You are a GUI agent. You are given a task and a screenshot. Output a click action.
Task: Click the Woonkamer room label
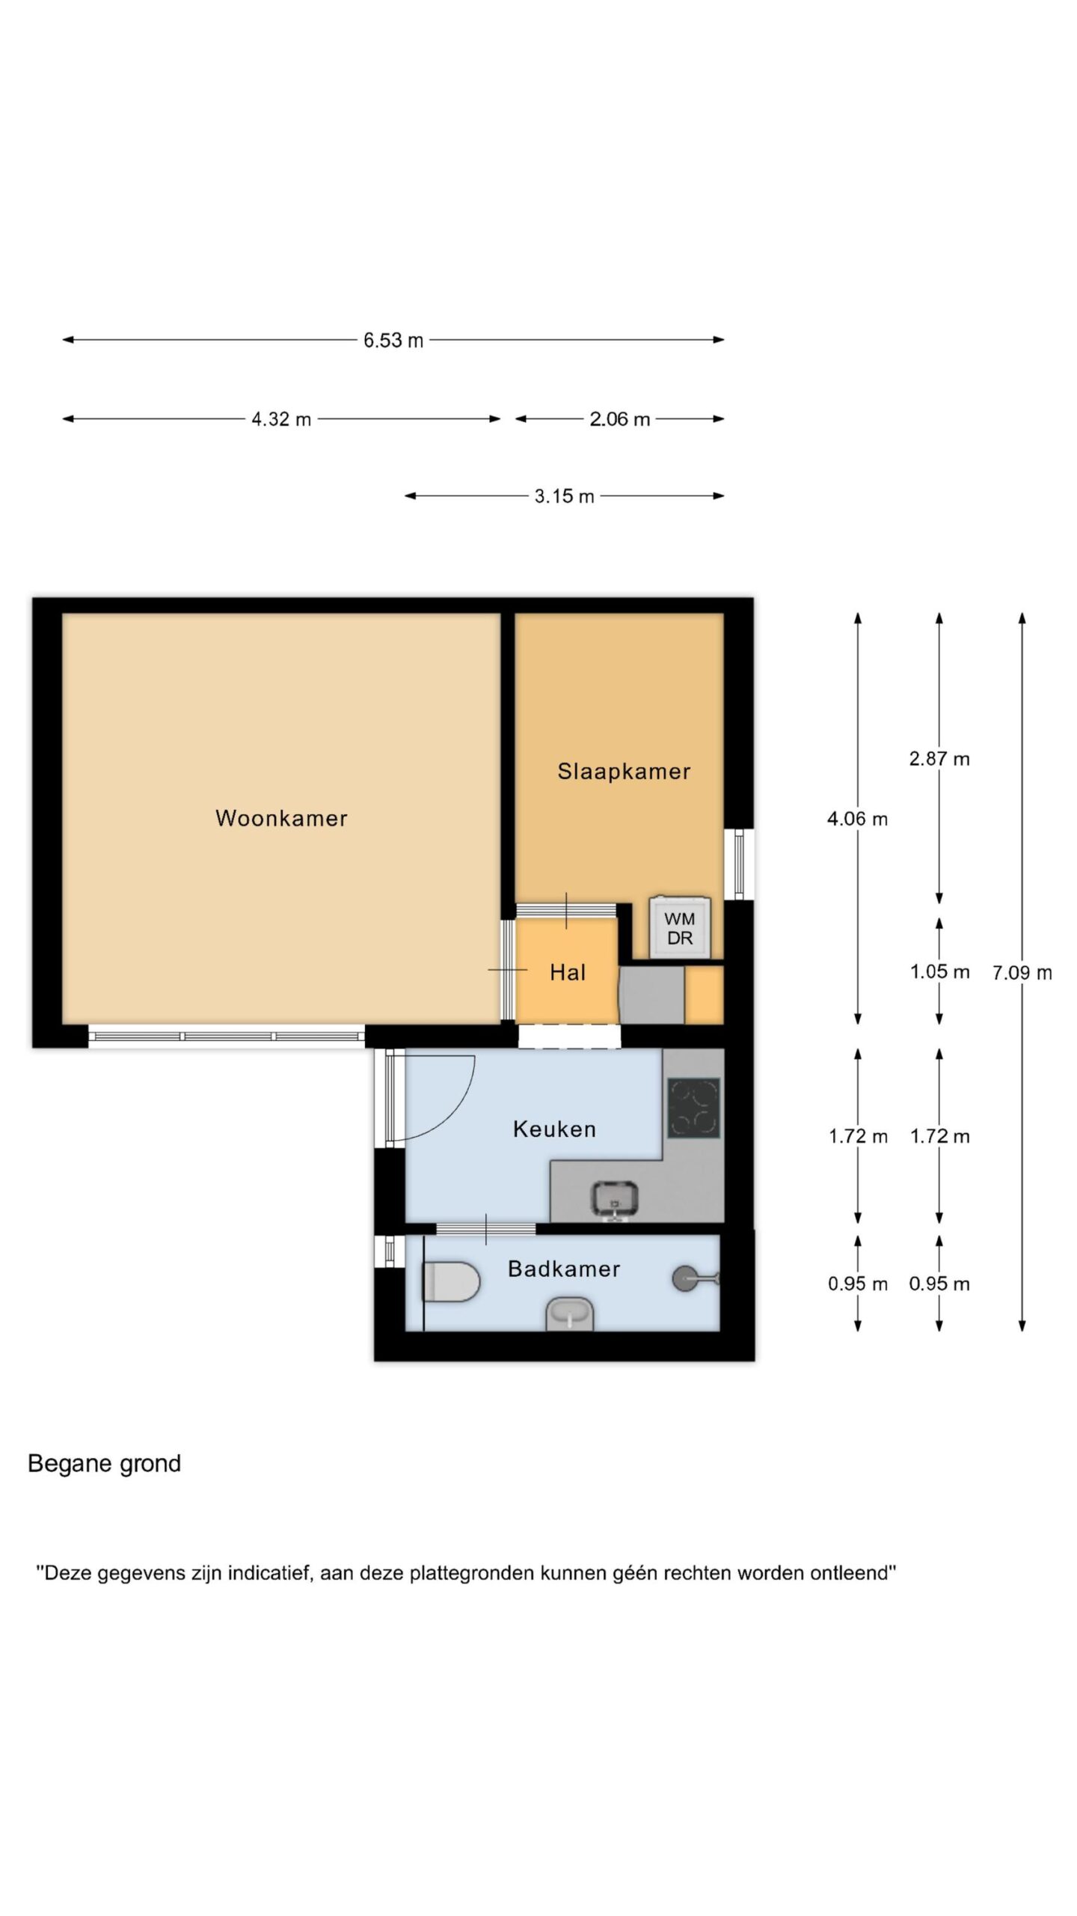click(281, 818)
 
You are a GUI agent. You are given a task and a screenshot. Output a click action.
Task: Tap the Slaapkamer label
click(624, 772)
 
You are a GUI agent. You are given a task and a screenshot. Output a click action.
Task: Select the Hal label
click(568, 972)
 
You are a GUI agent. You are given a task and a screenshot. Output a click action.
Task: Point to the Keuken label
click(554, 1129)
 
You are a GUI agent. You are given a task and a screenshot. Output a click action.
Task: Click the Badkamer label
click(564, 1269)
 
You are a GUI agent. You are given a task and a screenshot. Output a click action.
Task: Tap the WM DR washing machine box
click(679, 927)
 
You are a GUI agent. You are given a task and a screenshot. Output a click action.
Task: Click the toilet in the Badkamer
click(451, 1282)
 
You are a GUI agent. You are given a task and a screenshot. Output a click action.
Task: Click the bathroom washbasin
click(571, 1314)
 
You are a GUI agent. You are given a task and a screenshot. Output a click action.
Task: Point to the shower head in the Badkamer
click(695, 1278)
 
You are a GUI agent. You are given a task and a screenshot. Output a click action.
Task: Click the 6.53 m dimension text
click(393, 341)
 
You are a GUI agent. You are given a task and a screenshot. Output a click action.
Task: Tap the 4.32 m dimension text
click(281, 419)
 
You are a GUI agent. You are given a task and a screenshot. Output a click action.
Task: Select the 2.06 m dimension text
click(620, 419)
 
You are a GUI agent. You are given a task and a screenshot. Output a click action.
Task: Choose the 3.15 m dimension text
click(564, 496)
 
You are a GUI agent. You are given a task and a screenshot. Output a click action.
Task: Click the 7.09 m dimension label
click(1022, 973)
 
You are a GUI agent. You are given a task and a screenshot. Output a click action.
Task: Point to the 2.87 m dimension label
click(939, 759)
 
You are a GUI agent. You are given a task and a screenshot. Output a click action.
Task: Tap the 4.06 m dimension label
click(857, 819)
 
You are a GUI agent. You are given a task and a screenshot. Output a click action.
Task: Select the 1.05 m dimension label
click(939, 971)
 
